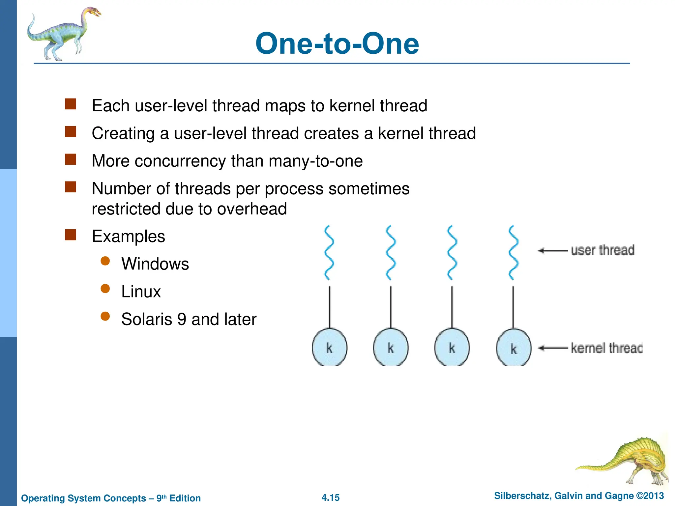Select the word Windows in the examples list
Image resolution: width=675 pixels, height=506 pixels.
coord(155,264)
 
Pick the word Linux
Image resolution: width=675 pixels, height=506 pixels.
coord(141,292)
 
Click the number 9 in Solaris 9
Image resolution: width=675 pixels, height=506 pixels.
coord(182,319)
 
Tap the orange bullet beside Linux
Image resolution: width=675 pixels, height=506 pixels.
coord(105,289)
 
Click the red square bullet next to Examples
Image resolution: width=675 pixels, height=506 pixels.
coord(71,235)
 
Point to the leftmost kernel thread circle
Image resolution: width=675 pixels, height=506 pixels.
coord(329,347)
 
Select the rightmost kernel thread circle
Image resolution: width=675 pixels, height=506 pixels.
coord(514,348)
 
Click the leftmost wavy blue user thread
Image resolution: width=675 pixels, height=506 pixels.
coord(329,252)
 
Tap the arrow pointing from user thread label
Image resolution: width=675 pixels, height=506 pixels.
coord(552,251)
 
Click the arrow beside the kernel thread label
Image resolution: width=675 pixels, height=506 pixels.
coord(552,348)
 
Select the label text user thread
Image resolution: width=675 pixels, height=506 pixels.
coord(602,250)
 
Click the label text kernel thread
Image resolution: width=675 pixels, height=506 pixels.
coord(606,348)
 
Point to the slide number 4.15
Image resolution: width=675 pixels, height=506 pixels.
coord(330,497)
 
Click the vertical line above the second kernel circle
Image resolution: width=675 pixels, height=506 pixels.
coord(391,306)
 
